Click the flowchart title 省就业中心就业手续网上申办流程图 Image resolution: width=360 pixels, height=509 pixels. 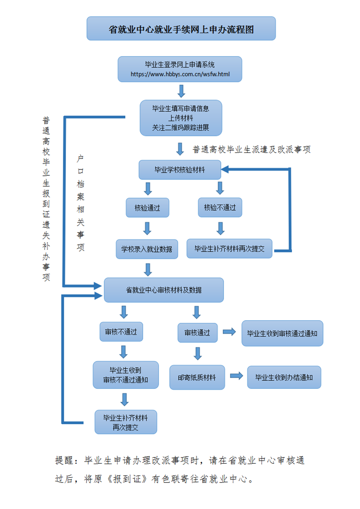coord(181,29)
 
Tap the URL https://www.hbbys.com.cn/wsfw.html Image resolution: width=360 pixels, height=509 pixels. coord(180,74)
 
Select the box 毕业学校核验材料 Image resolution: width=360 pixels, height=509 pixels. coord(180,170)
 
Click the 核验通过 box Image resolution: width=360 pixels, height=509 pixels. coord(147,208)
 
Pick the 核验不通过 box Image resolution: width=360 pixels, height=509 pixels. coord(220,208)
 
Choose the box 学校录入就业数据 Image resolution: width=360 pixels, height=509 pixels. coord(147,248)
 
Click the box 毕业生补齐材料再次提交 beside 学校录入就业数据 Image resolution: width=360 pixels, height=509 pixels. coord(229,248)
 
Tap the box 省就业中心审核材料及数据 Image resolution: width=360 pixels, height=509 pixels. coord(164,290)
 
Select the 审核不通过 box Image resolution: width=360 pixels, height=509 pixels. coord(121,332)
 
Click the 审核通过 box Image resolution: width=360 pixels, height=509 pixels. coord(197,333)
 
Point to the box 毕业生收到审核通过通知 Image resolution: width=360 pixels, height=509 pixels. coord(282,333)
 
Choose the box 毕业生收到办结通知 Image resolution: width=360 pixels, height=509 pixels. coord(284,377)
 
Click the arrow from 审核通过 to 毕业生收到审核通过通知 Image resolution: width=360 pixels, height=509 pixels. coord(229,332)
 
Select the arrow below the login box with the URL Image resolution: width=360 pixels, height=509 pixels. coord(181,91)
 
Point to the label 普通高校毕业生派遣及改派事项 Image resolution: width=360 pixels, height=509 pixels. coord(251,150)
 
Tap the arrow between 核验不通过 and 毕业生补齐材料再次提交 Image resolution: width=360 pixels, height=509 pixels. coord(220,228)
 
